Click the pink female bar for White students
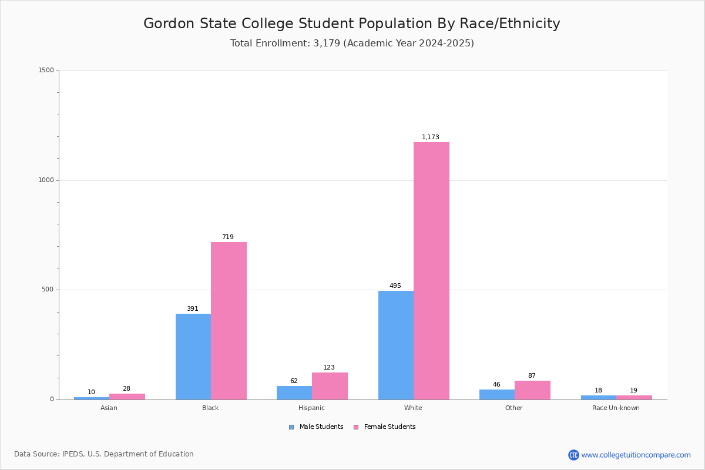(x=431, y=271)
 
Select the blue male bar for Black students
(x=193, y=357)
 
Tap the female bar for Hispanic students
(x=330, y=386)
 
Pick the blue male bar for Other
(x=497, y=395)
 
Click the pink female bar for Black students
(x=229, y=321)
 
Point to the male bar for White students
(x=396, y=345)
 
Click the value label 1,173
(x=430, y=137)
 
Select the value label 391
(x=193, y=308)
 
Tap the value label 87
(x=532, y=375)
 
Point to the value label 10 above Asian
(x=91, y=392)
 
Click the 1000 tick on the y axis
(x=46, y=180)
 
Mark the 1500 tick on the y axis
(x=46, y=70)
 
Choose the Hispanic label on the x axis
(x=311, y=408)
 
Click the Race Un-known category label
(x=616, y=408)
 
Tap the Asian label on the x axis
(x=109, y=408)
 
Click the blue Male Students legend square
(x=291, y=427)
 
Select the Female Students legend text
(x=390, y=427)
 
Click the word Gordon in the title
(x=169, y=23)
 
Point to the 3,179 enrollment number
(x=327, y=43)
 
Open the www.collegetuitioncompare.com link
(x=636, y=455)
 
